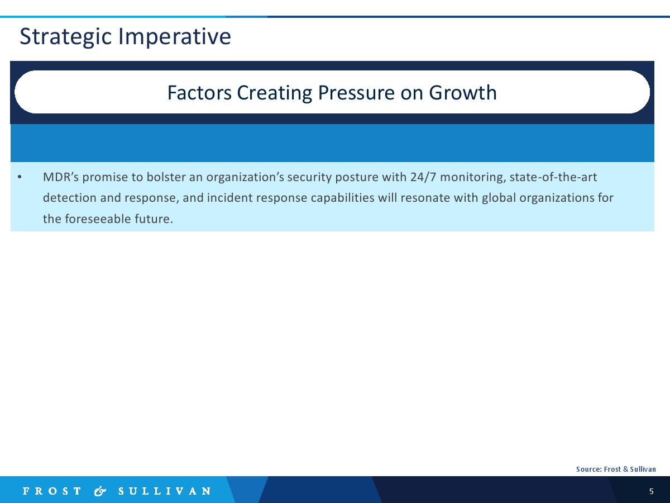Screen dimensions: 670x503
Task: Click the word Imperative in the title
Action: (175, 36)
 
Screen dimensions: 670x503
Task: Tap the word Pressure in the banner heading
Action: (356, 93)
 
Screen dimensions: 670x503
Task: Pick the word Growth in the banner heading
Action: (463, 93)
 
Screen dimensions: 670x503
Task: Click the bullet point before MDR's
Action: (20, 177)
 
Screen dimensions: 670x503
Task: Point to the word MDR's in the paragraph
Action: (61, 177)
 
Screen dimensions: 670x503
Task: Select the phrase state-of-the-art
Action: (553, 177)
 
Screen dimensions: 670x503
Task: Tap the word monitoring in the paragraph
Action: (473, 178)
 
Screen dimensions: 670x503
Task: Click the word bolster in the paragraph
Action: (166, 177)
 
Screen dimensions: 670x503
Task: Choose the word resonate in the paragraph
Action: (425, 198)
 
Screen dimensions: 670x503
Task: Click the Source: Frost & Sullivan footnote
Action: (616, 469)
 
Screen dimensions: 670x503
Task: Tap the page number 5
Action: (652, 491)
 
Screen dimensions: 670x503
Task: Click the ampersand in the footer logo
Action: (100, 491)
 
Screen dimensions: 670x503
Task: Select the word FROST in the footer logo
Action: (52, 491)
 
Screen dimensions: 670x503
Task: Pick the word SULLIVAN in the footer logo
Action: (165, 491)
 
